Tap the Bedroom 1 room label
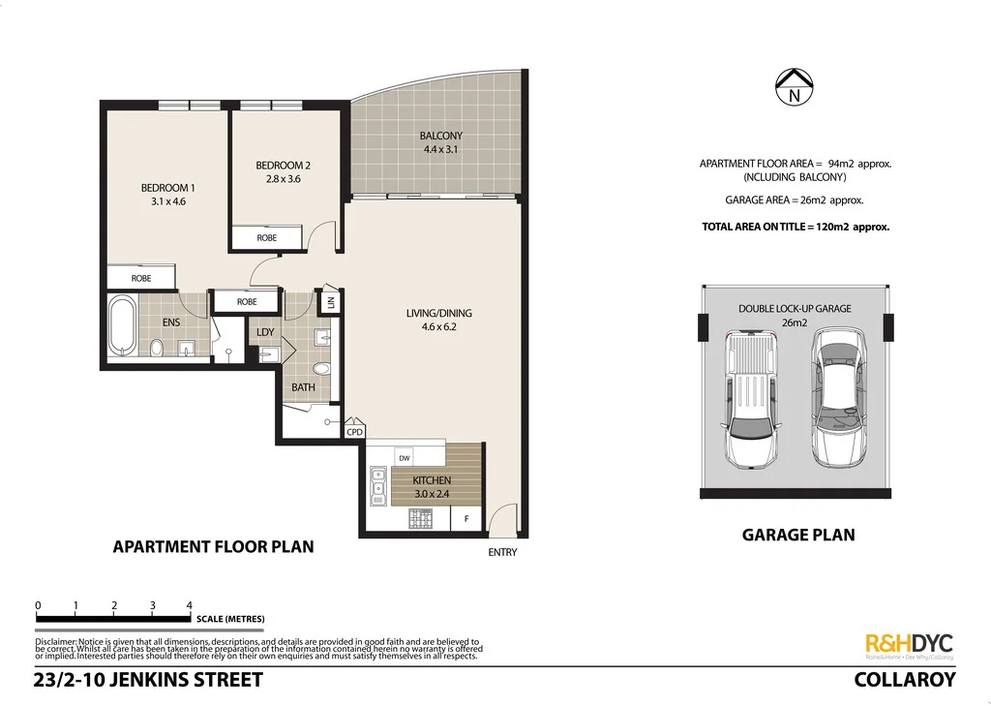coord(167,187)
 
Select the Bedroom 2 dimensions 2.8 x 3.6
coord(283,178)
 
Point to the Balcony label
coord(440,136)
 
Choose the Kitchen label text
coord(432,480)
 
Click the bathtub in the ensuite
coord(122,327)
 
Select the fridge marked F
coord(466,520)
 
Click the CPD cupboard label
coord(355,432)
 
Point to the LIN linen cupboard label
coord(331,302)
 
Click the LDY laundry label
coord(265,332)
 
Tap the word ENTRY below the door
coord(502,553)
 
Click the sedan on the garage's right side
coord(838,396)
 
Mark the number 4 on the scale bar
coord(190,605)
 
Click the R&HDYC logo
coord(908,645)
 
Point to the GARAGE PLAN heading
coord(797,534)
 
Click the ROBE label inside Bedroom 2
coord(266,237)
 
